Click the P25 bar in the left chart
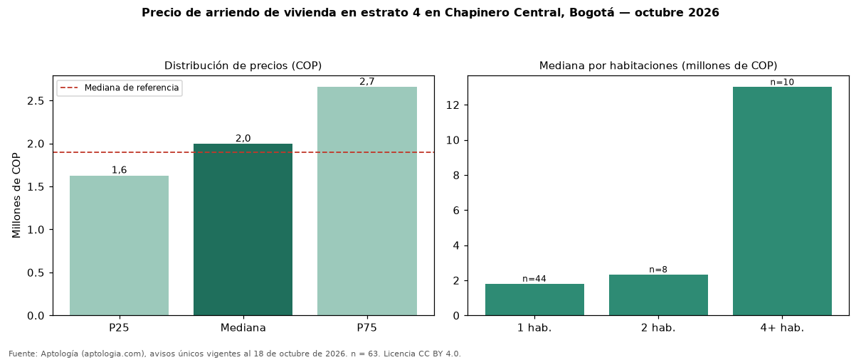tap(119, 245)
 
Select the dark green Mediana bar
tap(243, 229)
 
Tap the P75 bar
tap(367, 201)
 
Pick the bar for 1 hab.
tap(534, 300)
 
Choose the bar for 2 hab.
tap(658, 295)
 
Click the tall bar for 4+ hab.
tap(782, 201)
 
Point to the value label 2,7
tap(367, 81)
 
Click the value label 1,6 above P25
tap(119, 170)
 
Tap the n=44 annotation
tap(534, 279)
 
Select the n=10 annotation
tap(782, 82)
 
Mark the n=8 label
tap(658, 270)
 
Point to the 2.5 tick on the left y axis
tap(36, 101)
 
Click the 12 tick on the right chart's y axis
tap(453, 105)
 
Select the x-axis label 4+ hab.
tap(782, 328)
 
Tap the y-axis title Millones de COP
tap(16, 196)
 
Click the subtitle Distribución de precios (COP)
tap(243, 65)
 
